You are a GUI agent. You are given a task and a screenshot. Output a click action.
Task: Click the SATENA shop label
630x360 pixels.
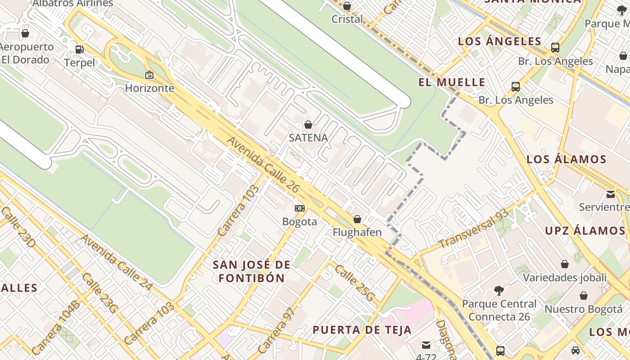308,138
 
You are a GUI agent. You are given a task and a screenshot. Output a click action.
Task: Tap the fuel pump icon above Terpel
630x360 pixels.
79,49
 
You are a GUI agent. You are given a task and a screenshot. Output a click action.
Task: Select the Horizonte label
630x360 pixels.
149,88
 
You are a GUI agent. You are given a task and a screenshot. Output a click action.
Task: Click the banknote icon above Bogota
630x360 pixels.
300,208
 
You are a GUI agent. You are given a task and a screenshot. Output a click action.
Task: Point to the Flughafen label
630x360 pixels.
357,232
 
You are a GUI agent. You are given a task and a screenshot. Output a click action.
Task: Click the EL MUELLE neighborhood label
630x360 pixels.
452,82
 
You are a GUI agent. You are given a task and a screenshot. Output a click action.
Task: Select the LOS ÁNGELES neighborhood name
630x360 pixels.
499,41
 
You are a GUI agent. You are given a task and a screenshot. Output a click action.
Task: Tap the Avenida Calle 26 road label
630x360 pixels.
263,165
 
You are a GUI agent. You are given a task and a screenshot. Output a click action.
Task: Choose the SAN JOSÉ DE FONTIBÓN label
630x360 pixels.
252,271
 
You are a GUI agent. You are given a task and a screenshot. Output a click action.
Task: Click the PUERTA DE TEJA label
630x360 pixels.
362,330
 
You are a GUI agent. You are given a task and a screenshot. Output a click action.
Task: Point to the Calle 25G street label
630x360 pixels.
354,283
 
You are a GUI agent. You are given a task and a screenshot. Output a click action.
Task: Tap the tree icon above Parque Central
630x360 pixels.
499,291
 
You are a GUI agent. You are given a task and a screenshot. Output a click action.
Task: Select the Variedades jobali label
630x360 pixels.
564,277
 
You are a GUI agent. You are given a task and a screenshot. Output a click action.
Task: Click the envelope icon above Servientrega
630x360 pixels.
611,194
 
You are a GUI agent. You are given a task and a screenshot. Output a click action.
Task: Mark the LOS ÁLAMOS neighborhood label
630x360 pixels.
566,159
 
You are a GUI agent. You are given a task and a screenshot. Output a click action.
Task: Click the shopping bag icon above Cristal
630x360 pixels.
347,6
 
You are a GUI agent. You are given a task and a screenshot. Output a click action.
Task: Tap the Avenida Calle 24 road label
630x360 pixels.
117,261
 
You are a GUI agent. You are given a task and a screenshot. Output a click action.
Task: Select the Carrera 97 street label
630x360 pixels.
276,330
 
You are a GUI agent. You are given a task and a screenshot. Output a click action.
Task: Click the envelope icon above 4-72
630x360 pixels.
426,345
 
